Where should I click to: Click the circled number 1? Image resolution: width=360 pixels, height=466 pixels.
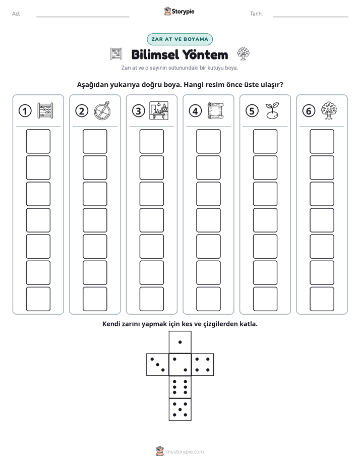25,111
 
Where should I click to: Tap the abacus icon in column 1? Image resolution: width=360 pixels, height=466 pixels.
45,111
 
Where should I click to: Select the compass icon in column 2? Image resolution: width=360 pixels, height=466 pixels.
102,110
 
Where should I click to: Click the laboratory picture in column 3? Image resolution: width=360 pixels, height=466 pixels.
159,110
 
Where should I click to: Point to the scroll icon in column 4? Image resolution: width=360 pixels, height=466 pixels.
216,110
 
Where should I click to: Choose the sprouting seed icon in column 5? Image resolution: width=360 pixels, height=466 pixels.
272,110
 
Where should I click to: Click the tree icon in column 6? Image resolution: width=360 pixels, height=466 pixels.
329,110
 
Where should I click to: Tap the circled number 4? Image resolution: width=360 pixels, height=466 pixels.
195,111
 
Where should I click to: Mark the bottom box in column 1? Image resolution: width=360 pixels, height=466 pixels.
38,299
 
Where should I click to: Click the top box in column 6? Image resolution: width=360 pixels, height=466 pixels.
322,141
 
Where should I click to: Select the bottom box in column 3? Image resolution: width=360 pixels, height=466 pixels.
151,299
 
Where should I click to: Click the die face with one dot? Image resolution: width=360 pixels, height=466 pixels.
180,342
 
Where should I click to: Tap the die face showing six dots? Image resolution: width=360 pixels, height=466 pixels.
180,387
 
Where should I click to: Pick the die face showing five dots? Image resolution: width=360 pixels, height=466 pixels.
180,410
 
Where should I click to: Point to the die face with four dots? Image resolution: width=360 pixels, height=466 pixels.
203,365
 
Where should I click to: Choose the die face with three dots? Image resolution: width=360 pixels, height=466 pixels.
158,365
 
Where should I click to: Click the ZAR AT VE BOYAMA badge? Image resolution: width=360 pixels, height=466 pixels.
179,39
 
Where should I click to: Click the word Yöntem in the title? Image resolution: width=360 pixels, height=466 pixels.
205,54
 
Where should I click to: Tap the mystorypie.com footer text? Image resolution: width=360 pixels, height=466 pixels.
185,452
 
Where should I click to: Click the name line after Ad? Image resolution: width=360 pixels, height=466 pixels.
83,17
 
